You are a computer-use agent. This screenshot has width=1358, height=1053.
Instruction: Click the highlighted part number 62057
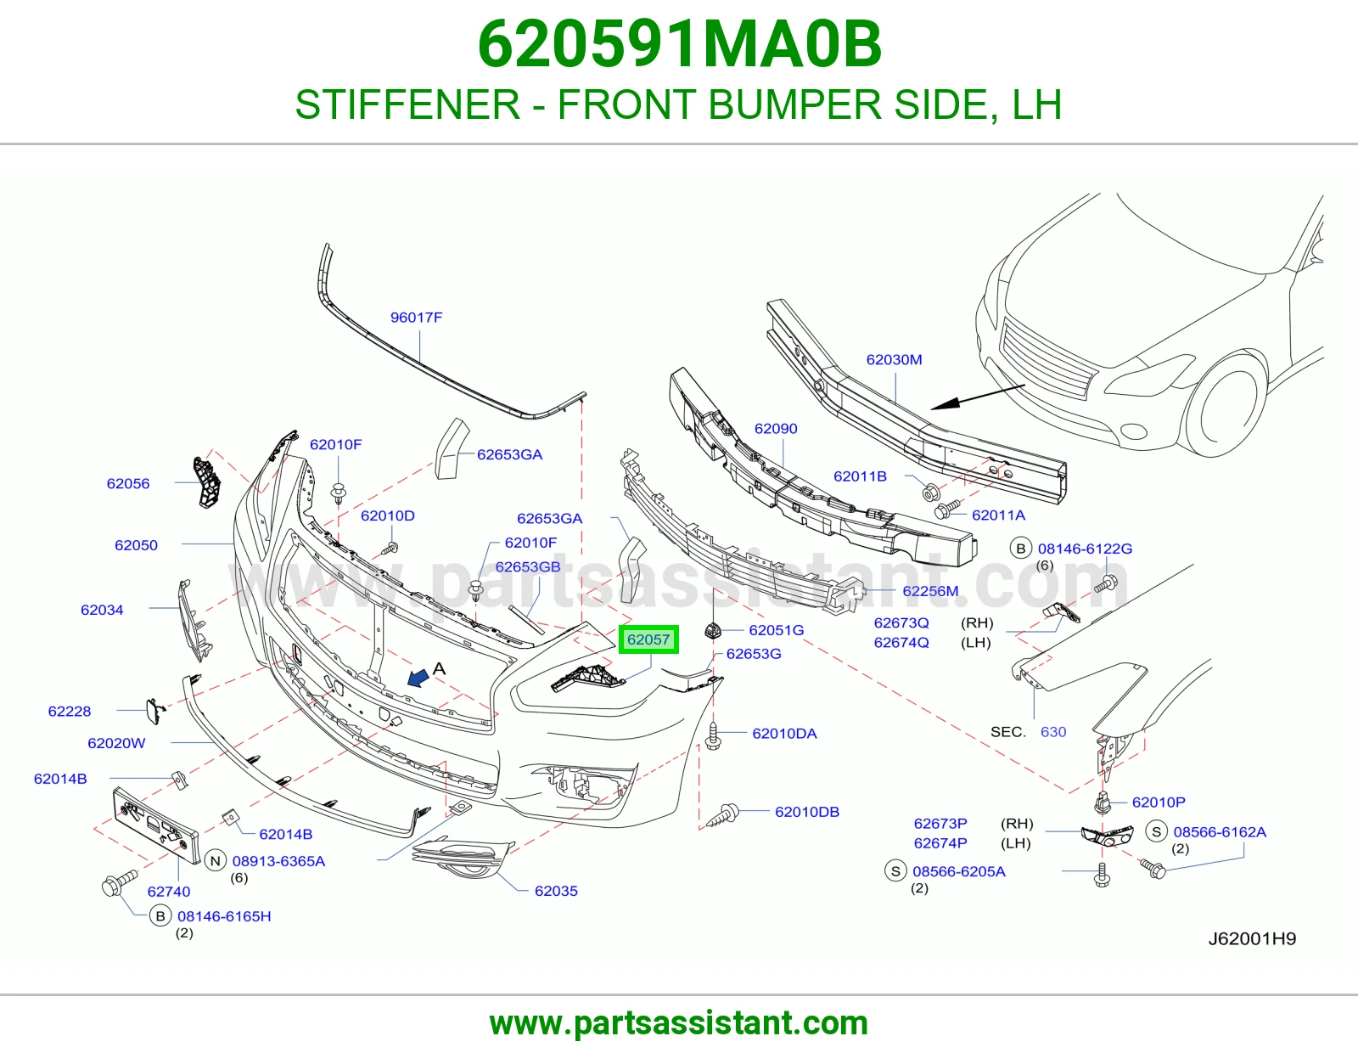tap(648, 639)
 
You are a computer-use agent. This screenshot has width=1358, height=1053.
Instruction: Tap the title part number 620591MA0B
tap(679, 44)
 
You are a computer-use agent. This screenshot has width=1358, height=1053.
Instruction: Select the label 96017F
tap(416, 317)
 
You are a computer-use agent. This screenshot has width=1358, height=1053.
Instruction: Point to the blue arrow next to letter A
tap(418, 677)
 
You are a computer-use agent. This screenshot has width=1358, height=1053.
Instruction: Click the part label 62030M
tap(894, 359)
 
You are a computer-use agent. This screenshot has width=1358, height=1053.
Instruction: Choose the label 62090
tap(776, 428)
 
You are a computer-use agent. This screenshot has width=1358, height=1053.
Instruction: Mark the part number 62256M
tap(930, 591)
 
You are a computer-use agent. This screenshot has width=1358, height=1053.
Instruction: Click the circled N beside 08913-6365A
tap(216, 861)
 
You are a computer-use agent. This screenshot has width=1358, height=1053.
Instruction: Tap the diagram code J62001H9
tap(1253, 938)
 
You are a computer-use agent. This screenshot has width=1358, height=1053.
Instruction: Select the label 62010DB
tap(807, 812)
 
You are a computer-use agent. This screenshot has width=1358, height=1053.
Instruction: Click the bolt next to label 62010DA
tap(713, 735)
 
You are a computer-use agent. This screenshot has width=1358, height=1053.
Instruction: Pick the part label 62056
tap(128, 483)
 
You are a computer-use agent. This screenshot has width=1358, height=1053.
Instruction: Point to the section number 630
tap(1053, 732)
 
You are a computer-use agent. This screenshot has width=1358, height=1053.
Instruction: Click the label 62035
tap(556, 891)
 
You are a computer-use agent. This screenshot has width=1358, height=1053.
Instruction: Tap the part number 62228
tap(70, 711)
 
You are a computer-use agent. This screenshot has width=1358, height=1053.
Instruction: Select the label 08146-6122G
tap(1085, 549)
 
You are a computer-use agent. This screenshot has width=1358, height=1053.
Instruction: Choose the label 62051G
tap(776, 629)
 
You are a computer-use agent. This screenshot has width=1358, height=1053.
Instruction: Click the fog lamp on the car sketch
tap(1134, 431)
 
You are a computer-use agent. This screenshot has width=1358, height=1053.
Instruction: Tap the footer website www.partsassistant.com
tap(679, 1023)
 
